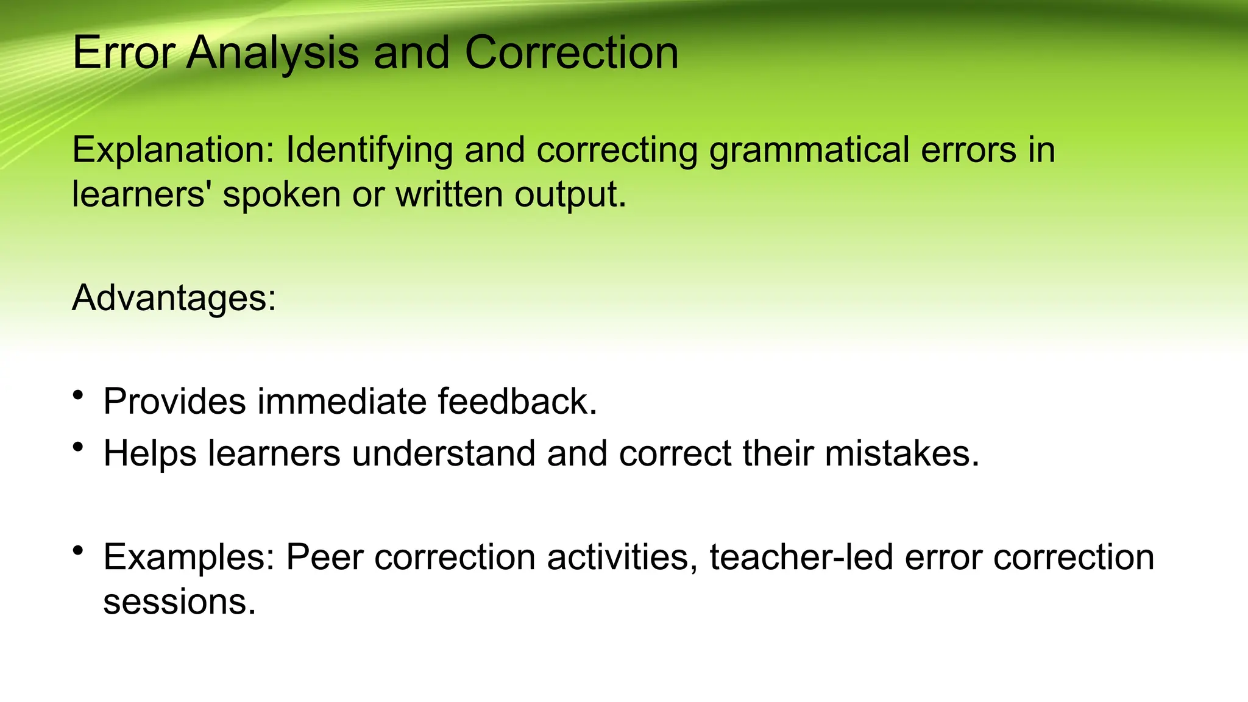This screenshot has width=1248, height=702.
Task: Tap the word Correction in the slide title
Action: tap(571, 54)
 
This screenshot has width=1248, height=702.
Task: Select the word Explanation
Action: tap(173, 150)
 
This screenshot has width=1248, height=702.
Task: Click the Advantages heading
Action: tap(174, 299)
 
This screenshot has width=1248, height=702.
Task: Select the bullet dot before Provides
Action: tap(77, 395)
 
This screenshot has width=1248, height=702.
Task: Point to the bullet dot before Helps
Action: tap(77, 447)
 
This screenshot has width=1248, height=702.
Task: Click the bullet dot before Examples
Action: tap(77, 551)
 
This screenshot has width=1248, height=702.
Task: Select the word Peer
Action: tap(325, 557)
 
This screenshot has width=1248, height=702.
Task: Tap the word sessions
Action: tap(179, 602)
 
